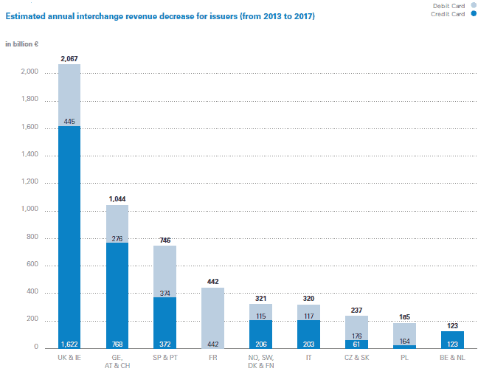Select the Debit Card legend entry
[448, 6]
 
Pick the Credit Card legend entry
[448, 14]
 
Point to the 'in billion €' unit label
[22, 44]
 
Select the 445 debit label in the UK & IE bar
[69, 122]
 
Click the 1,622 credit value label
[69, 344]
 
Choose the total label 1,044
[117, 198]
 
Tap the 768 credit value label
[117, 344]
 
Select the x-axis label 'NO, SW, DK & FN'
[260, 361]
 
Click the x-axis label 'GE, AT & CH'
[117, 361]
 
